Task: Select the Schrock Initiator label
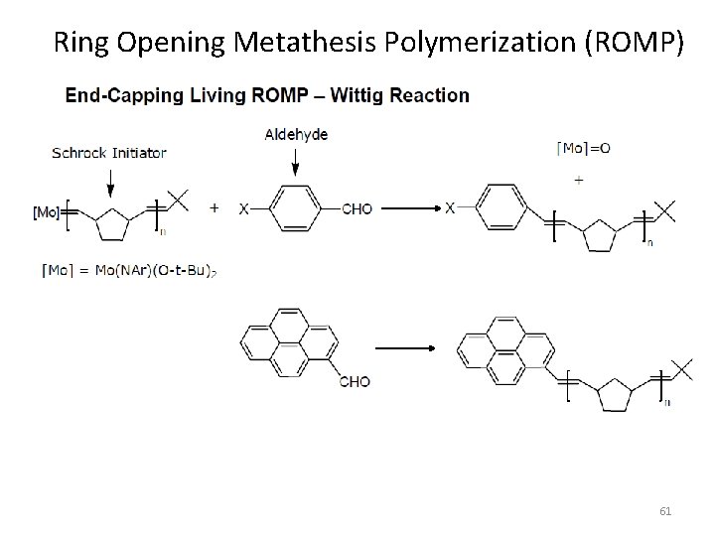tap(109, 152)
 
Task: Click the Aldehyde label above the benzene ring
tap(296, 134)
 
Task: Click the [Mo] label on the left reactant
tap(45, 212)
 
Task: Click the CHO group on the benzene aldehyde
tap(357, 209)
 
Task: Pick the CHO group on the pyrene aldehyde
tap(354, 380)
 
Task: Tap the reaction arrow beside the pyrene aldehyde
tap(405, 349)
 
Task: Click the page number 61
tap(665, 511)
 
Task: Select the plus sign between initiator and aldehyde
tap(214, 209)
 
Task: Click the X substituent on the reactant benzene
tap(243, 209)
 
